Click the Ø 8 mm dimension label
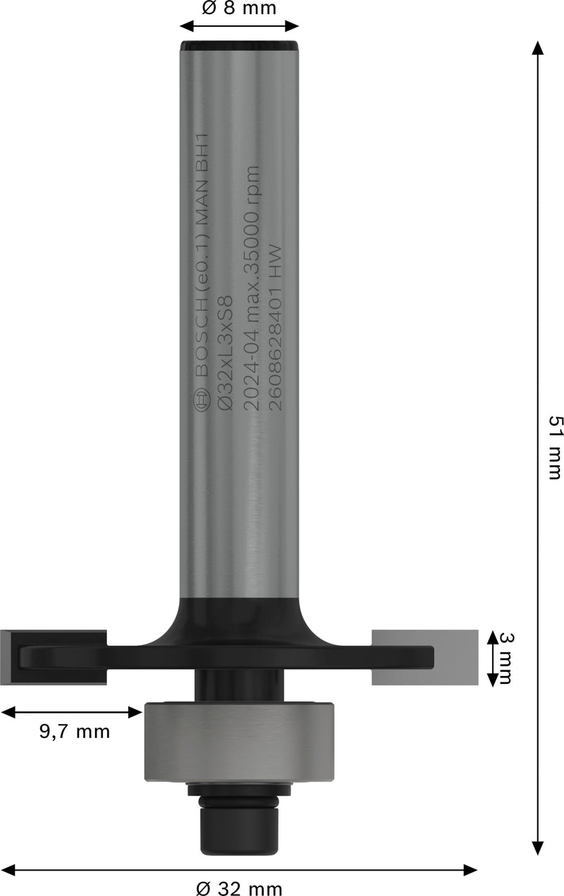(238, 8)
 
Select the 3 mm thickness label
(505, 658)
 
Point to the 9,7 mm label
(74, 732)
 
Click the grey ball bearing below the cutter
(239, 741)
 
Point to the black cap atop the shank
(239, 46)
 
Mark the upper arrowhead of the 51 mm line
(538, 48)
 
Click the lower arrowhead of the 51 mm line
(538, 848)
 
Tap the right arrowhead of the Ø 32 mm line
(471, 871)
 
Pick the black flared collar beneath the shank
(239, 620)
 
